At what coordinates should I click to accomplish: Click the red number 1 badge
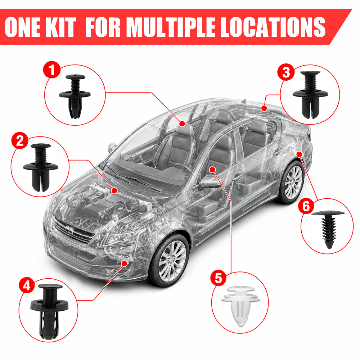pyautogui.click(x=52, y=69)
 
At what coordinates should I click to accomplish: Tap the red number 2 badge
pyautogui.click(x=20, y=140)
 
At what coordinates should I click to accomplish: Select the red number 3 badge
pyautogui.click(x=286, y=72)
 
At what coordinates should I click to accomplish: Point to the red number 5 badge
pyautogui.click(x=219, y=278)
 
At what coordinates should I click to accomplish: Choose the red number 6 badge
pyautogui.click(x=306, y=206)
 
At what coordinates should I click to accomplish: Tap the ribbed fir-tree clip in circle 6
pyautogui.click(x=328, y=229)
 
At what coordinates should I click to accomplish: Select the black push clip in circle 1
pyautogui.click(x=75, y=96)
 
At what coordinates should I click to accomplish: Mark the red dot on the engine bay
pyautogui.click(x=114, y=190)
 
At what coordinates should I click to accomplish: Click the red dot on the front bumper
pyautogui.click(x=125, y=263)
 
